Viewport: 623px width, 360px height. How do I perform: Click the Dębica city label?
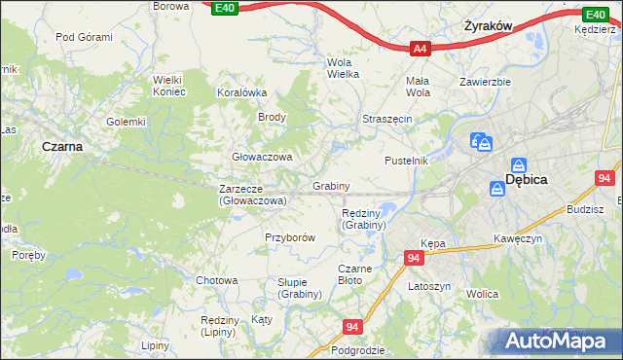pos(527,180)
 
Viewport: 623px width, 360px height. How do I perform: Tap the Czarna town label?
pos(61,146)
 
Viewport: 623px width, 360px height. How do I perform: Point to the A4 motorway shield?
pos(420,47)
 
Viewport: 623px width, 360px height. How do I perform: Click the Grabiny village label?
pos(331,185)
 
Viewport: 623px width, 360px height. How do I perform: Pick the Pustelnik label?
pos(406,160)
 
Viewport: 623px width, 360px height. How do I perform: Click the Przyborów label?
pos(290,236)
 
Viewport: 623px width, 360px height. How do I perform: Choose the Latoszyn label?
pos(428,287)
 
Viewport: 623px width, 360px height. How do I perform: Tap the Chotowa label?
pos(216,280)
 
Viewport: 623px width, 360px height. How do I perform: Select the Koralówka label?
pos(240,92)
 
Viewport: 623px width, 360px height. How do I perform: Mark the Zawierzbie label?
pos(486,82)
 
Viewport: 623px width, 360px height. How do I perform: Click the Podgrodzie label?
pos(358,349)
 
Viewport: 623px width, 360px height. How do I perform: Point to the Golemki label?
pos(126,122)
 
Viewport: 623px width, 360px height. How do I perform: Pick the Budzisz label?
pos(584,209)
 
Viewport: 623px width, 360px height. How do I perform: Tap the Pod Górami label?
pos(84,37)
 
